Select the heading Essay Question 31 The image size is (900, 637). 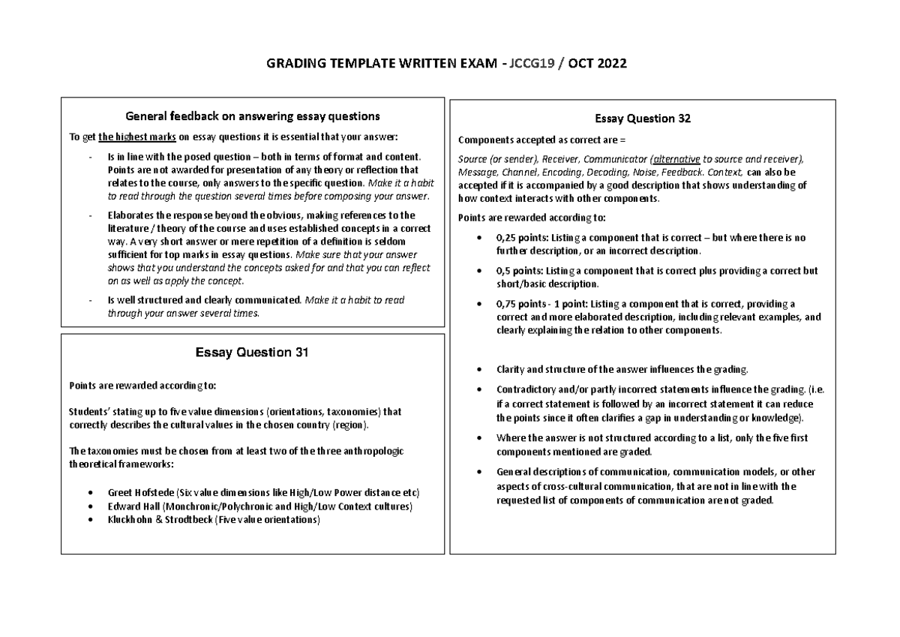252,351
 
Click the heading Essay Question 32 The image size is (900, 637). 642,119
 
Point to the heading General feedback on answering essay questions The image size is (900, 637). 252,116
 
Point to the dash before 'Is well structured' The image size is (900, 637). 90,300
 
